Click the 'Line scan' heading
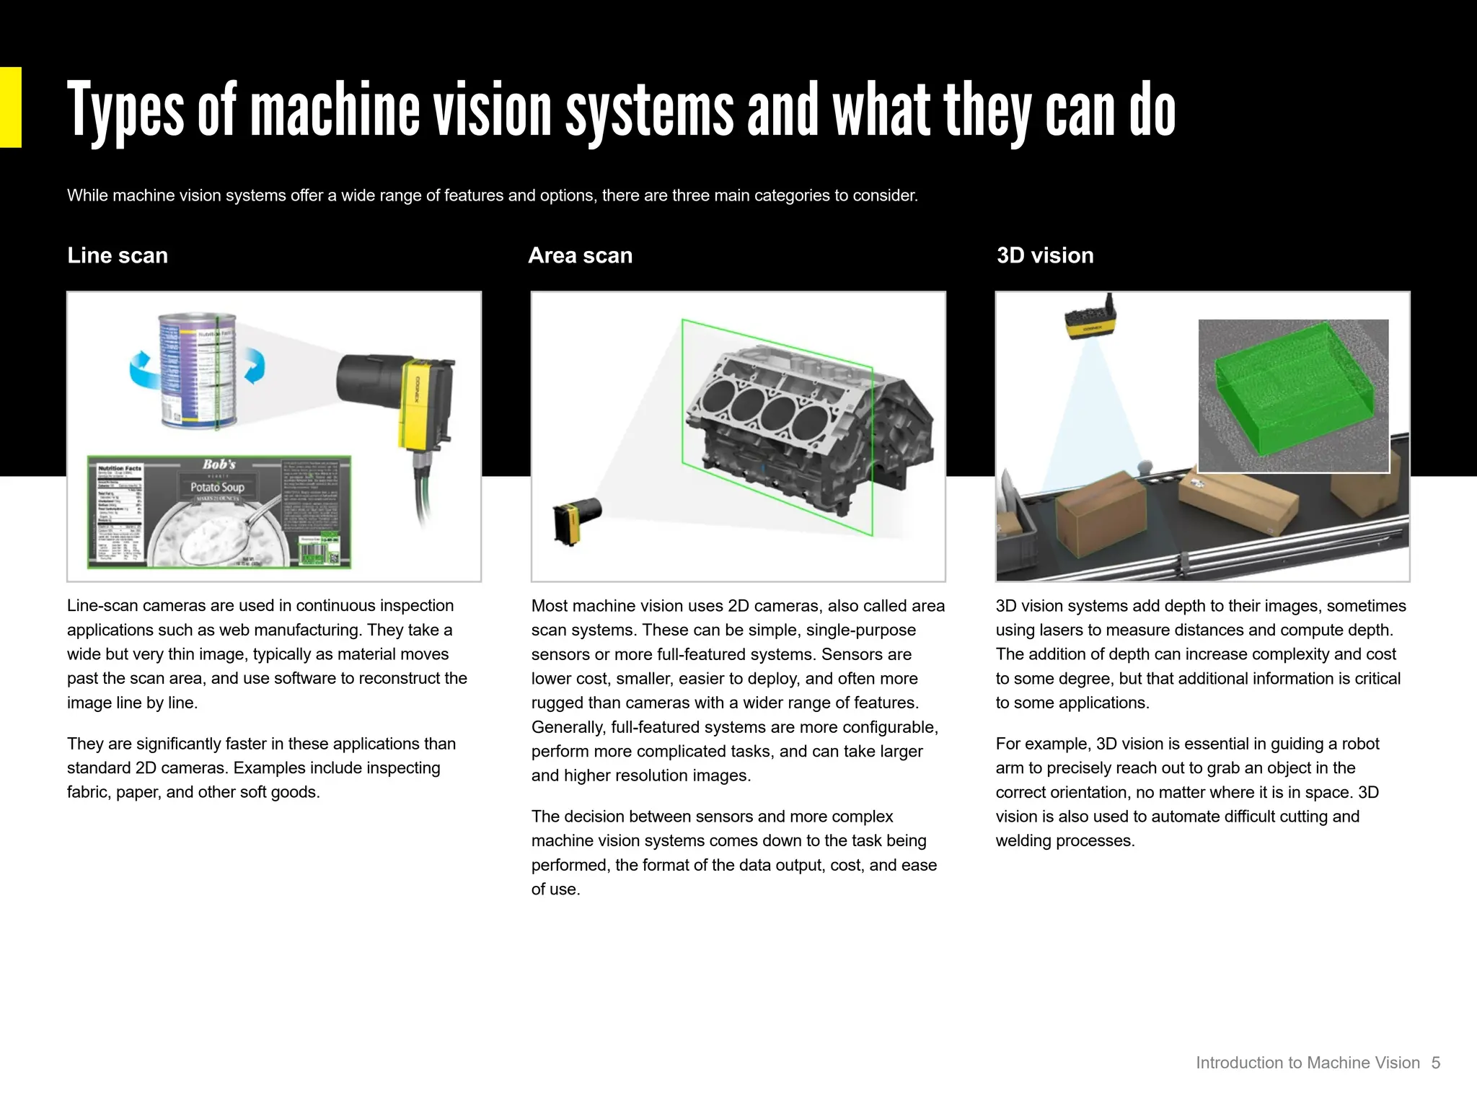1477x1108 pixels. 118,255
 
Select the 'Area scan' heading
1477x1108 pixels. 580,255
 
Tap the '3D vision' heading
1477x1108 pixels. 1044,255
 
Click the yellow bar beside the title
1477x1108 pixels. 10,107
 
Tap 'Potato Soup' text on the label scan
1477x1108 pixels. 217,487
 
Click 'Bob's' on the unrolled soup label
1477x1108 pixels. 219,465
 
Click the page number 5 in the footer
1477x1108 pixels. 1435,1063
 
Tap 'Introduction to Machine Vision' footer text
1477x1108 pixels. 1308,1063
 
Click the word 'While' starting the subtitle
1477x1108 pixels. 87,195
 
